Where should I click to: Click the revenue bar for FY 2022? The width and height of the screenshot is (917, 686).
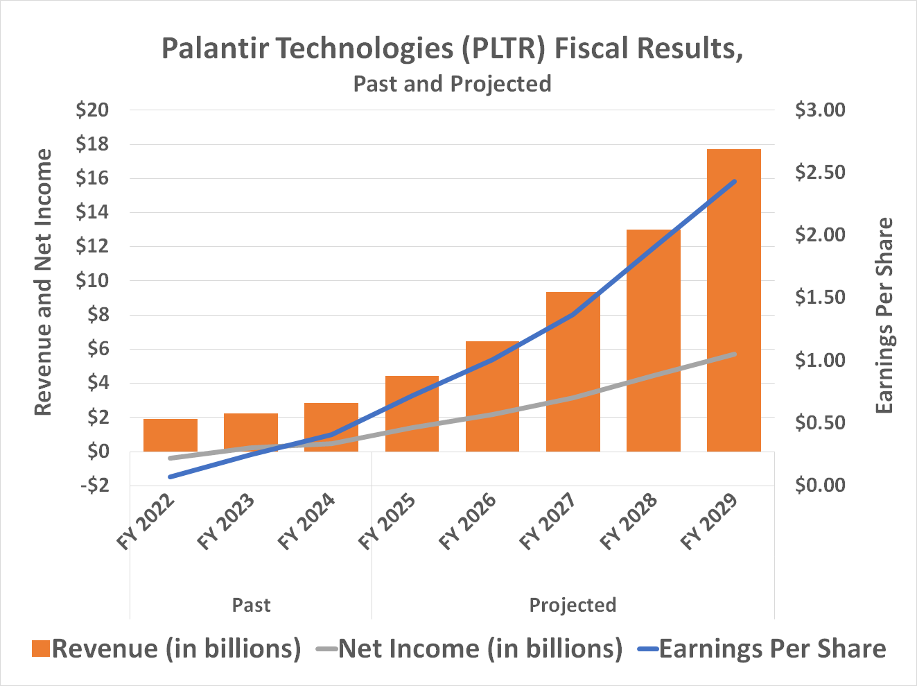tap(171, 435)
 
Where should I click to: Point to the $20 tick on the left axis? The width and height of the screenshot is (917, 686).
tap(93, 110)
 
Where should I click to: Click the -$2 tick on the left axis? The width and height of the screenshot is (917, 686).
tap(95, 486)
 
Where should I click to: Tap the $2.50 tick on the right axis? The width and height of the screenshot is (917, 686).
tap(820, 173)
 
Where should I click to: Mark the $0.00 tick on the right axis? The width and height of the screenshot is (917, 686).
tap(820, 486)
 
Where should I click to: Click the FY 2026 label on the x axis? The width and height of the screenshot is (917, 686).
tap(469, 522)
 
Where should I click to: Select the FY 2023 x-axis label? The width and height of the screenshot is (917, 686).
tap(227, 522)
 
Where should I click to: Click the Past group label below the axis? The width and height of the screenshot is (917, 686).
tap(251, 605)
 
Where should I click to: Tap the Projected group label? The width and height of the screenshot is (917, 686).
tap(573, 605)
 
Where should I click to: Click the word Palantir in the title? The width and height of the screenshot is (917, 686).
tap(214, 49)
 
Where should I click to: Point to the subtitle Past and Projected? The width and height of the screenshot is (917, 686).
tap(452, 83)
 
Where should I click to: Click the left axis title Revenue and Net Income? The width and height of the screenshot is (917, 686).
tap(43, 282)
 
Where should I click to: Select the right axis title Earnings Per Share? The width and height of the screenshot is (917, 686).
tap(884, 316)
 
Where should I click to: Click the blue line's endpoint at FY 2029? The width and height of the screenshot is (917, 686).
tap(734, 182)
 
